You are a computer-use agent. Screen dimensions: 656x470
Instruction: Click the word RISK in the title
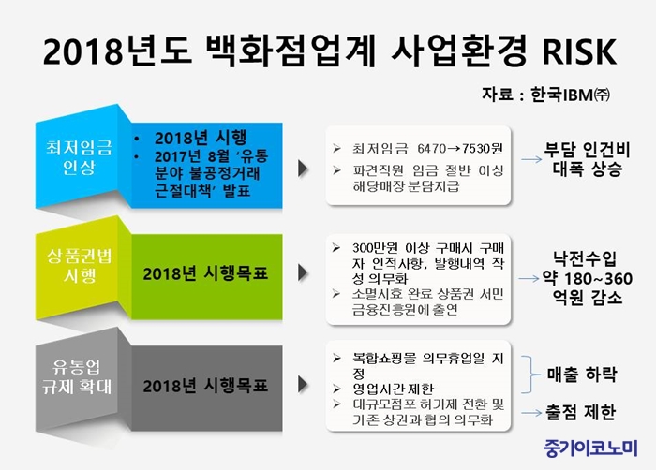[579, 51]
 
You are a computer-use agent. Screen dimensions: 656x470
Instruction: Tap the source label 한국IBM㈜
[570, 95]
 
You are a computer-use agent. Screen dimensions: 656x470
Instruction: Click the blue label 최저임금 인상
[79, 157]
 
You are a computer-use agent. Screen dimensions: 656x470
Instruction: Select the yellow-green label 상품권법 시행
[79, 266]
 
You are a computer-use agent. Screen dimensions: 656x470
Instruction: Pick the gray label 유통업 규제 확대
[78, 376]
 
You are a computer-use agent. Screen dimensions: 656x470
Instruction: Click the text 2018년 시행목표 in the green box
[205, 274]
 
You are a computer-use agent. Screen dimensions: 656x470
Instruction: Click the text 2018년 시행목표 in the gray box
[205, 386]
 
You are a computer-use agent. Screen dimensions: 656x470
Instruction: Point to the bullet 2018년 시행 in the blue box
[201, 138]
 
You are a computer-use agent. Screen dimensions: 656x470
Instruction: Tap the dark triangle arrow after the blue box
[304, 169]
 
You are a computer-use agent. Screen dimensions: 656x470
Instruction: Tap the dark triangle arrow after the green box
[304, 272]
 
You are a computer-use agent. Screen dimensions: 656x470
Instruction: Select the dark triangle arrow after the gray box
[304, 384]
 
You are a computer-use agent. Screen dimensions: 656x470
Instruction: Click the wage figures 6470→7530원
[460, 149]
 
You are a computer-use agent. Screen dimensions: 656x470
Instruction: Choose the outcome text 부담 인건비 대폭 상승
[587, 159]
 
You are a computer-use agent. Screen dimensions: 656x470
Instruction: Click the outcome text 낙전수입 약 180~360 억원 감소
[587, 278]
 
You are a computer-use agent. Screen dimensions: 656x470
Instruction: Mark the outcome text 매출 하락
[582, 375]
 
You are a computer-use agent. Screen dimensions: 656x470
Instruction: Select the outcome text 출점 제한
[580, 412]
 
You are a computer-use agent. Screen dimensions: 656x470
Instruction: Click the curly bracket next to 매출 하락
[531, 375]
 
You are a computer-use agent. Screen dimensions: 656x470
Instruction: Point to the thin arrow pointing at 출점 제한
[531, 413]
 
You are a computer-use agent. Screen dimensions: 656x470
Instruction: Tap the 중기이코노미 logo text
[590, 448]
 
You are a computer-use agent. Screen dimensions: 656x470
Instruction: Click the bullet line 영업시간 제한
[393, 389]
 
